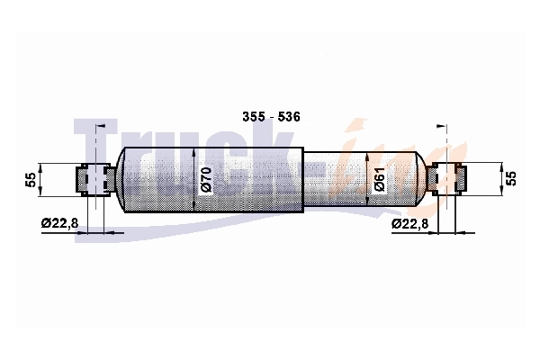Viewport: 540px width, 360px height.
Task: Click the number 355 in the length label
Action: [252, 117]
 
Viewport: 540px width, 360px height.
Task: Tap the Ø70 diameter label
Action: [205, 180]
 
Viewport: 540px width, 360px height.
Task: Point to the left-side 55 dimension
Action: [30, 179]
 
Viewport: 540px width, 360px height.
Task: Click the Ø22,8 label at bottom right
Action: [409, 222]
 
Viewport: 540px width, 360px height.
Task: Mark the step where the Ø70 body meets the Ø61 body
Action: [303, 178]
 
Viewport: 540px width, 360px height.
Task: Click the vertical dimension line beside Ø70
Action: [194, 178]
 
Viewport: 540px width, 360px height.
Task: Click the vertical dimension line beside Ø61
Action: [367, 178]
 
